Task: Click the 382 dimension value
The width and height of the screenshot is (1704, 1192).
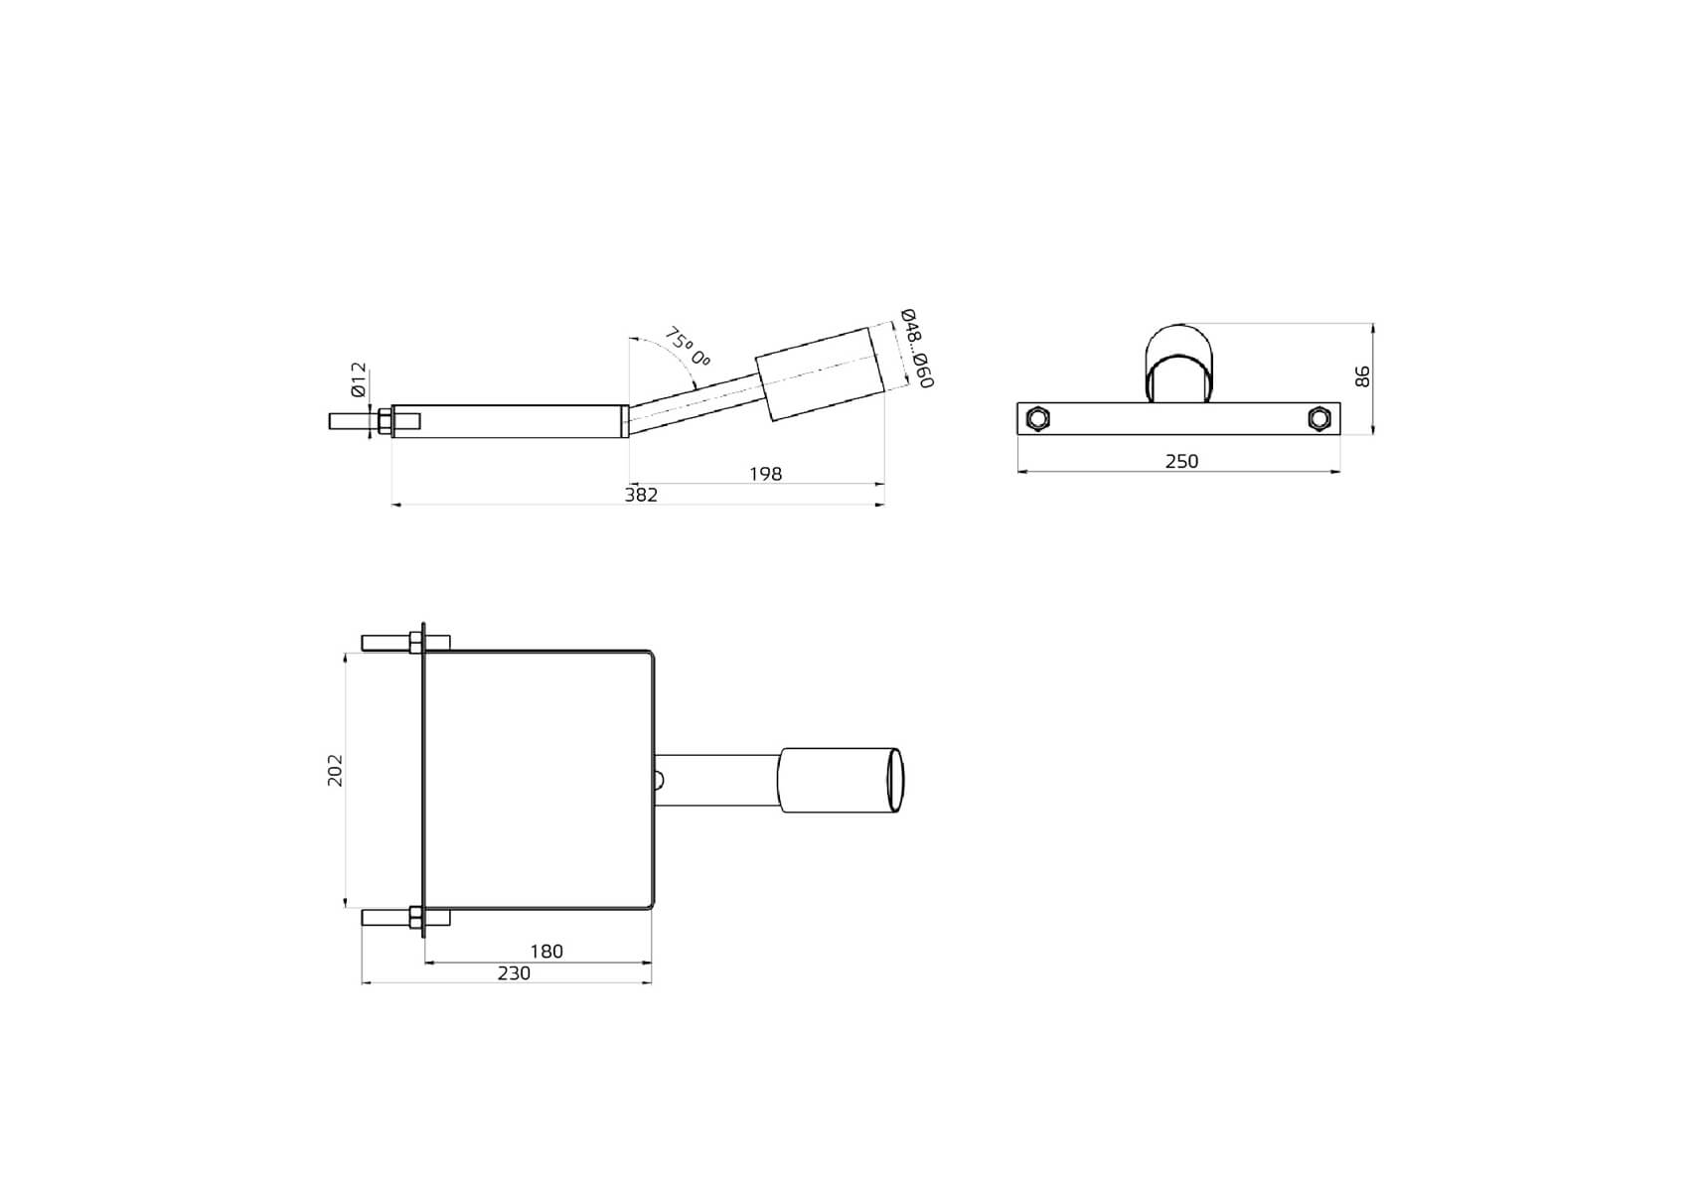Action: coord(641,495)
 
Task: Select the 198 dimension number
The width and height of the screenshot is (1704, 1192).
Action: coord(765,474)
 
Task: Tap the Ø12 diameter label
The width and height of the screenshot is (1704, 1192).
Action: coord(359,381)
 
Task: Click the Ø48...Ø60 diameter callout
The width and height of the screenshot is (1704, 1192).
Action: coord(916,349)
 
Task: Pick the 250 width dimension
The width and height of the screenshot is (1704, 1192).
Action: coord(1181,461)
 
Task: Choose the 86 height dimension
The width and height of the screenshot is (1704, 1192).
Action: coord(1362,376)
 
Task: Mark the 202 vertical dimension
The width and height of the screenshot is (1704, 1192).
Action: coord(335,771)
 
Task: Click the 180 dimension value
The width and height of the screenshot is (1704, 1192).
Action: coord(546,952)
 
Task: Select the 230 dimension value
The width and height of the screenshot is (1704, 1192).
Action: coord(514,973)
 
